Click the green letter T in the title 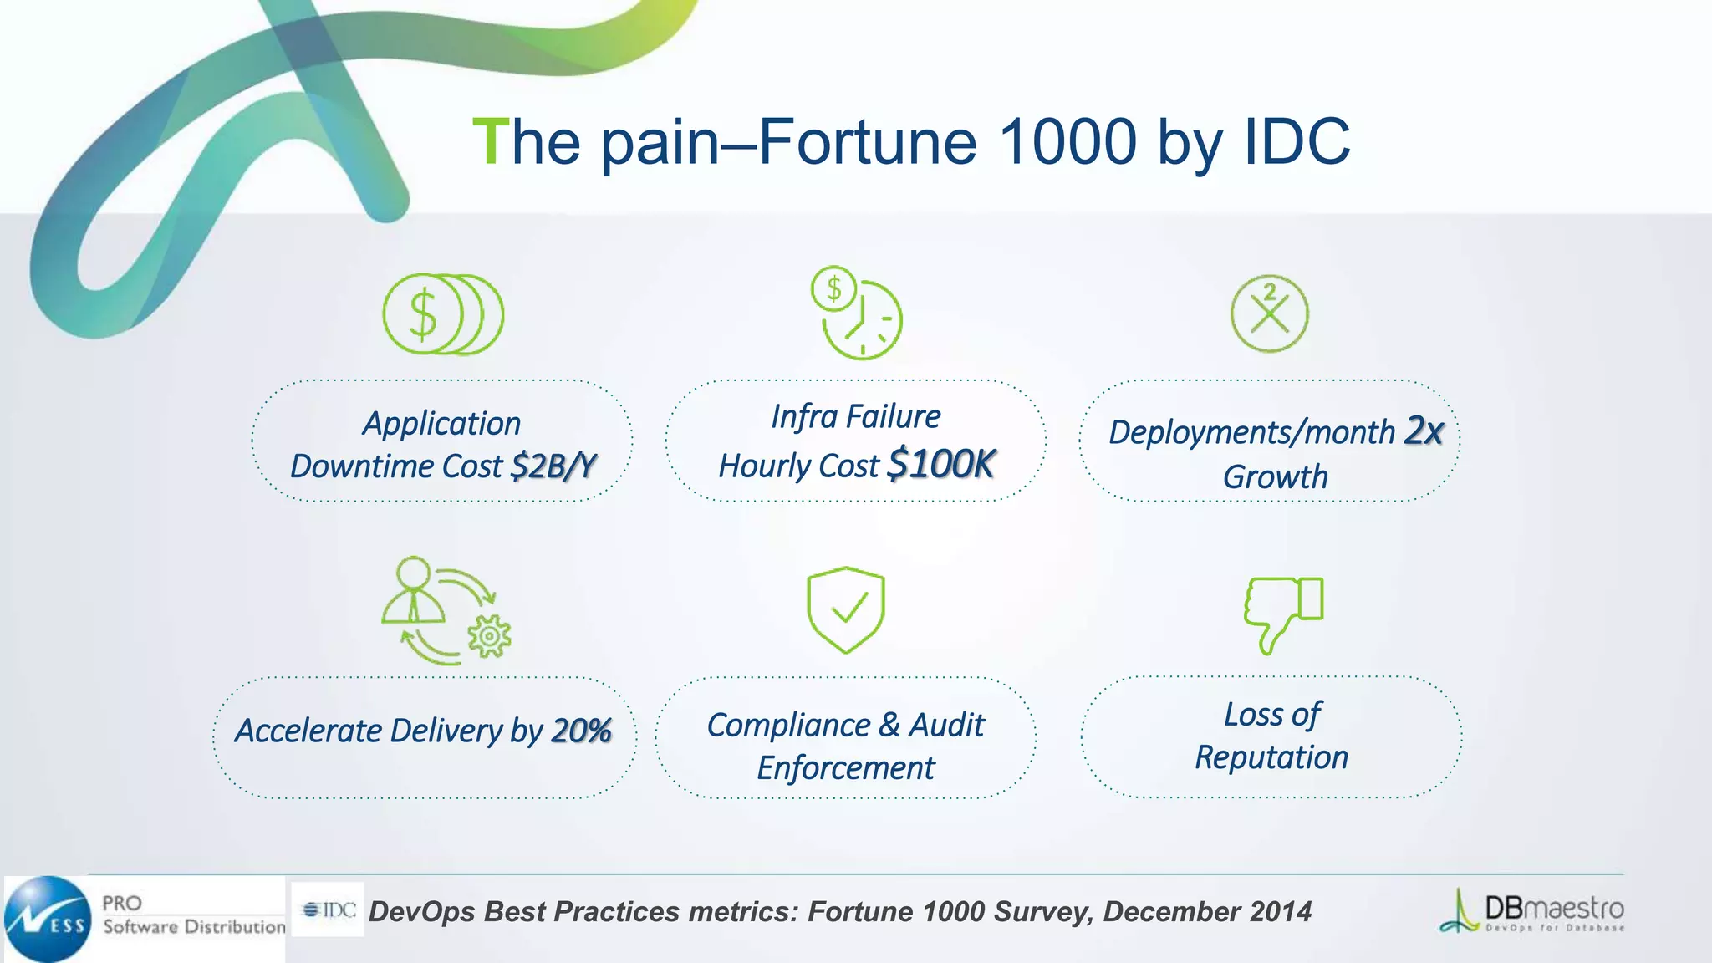click(490, 142)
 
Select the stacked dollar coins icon click(442, 314)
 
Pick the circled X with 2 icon click(1269, 313)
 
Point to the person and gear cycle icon click(446, 610)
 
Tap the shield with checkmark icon click(845, 609)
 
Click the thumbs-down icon click(1282, 614)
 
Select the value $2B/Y click(553, 466)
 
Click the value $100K click(941, 464)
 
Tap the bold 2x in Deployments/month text click(1424, 431)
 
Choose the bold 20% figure click(581, 731)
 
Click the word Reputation click(1271, 757)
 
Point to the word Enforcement click(845, 767)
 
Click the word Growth click(1275, 476)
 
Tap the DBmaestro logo click(1531, 911)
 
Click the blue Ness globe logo click(47, 919)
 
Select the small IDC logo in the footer click(329, 909)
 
